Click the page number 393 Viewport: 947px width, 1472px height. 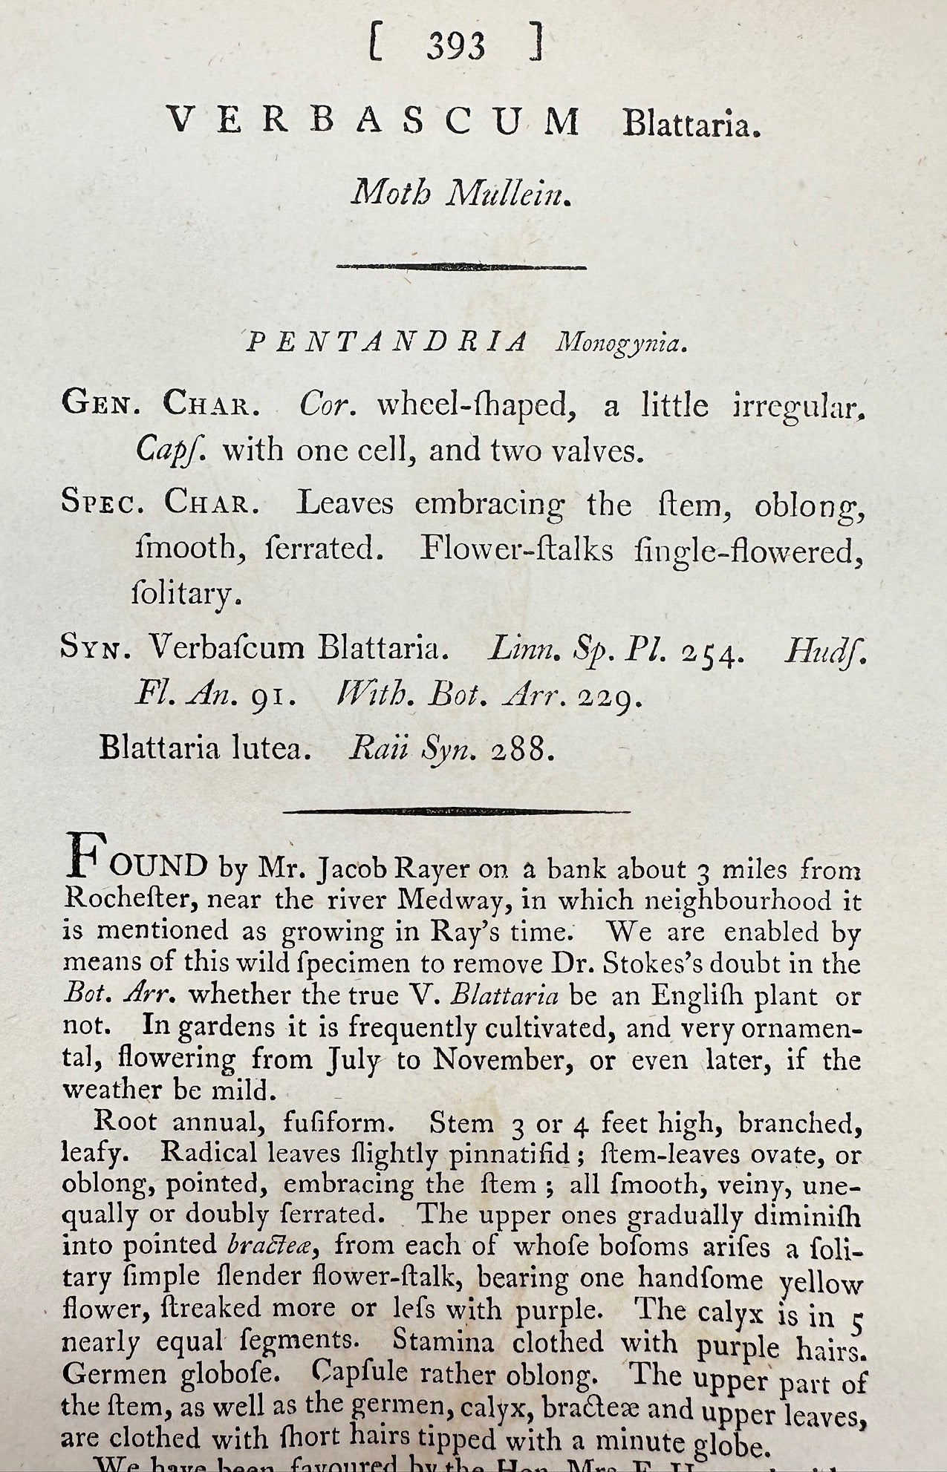pyautogui.click(x=456, y=47)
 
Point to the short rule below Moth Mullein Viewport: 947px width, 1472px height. pyautogui.click(x=461, y=266)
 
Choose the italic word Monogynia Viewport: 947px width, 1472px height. pyautogui.click(x=618, y=344)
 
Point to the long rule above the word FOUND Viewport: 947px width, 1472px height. pyautogui.click(x=456, y=811)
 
